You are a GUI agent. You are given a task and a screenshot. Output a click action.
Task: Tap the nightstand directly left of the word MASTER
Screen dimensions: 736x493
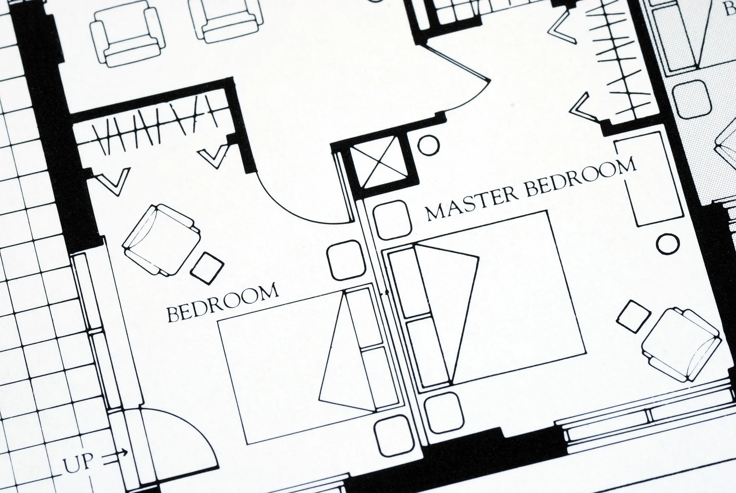[391, 219]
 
